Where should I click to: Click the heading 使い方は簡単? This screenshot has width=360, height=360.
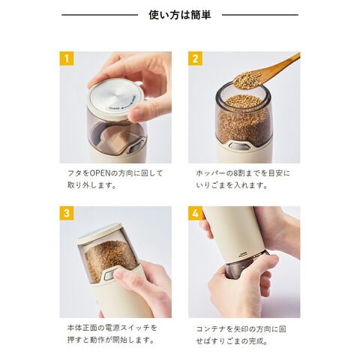180,15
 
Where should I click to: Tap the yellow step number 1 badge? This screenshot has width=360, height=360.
67,58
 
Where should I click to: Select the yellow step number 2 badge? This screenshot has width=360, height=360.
195,58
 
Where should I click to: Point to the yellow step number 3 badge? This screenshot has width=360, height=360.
67,213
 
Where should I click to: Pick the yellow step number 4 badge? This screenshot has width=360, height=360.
195,213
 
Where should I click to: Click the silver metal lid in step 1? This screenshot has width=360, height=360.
114,97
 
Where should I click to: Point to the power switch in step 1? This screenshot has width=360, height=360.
135,148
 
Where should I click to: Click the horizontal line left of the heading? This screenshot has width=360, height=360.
100,15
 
